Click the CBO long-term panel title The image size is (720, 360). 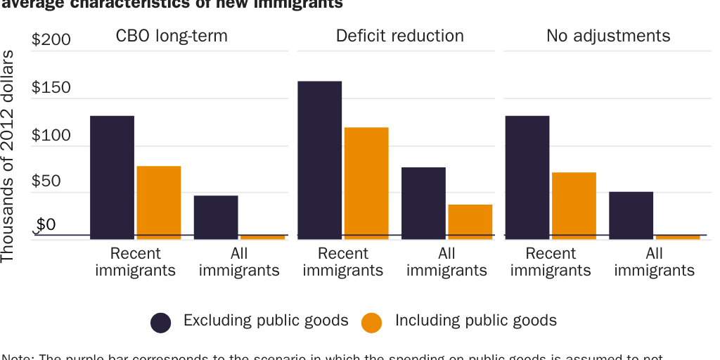click(x=172, y=36)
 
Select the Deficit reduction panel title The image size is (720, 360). click(x=399, y=36)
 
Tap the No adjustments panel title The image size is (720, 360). click(x=608, y=36)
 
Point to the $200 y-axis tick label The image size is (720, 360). click(x=51, y=40)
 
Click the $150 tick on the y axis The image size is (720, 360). click(x=51, y=88)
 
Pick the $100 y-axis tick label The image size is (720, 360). click(x=51, y=135)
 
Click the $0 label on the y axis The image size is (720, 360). click(x=46, y=225)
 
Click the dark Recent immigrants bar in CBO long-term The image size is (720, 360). click(x=112, y=176)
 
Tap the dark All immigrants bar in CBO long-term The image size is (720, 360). click(x=216, y=216)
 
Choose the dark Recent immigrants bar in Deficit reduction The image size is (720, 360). click(x=320, y=159)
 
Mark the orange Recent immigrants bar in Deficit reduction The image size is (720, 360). click(x=366, y=182)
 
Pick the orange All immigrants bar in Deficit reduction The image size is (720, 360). click(x=470, y=221)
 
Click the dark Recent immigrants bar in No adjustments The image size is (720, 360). click(x=527, y=176)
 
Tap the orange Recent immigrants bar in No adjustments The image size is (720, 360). click(x=574, y=205)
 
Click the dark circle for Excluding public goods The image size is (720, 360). click(x=161, y=322)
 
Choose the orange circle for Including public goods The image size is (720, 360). click(x=372, y=322)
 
